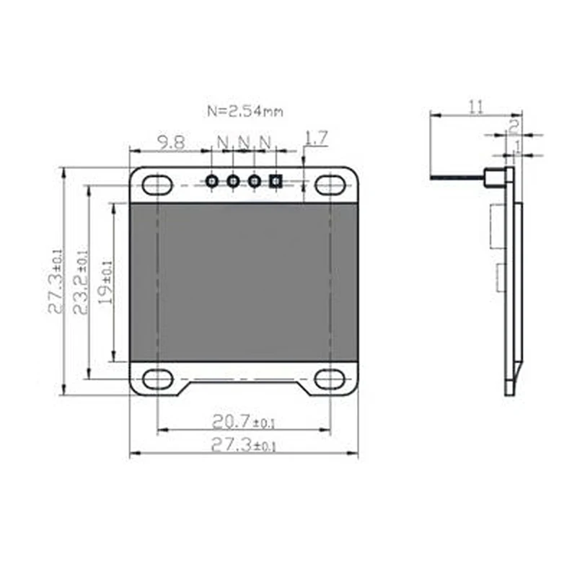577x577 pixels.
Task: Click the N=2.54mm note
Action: [x=245, y=111]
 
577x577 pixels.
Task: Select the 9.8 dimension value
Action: [x=170, y=142]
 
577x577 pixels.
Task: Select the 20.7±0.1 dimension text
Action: [x=244, y=420]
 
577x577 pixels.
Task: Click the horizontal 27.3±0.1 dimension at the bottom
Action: [x=244, y=445]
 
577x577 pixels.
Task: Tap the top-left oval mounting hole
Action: [x=157, y=185]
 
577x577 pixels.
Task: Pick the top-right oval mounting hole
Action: [x=330, y=185]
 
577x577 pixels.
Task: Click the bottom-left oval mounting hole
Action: [x=157, y=378]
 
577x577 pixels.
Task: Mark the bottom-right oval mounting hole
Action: [x=330, y=379]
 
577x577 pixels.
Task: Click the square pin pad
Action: [x=275, y=181]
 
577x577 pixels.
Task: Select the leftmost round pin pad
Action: [x=212, y=181]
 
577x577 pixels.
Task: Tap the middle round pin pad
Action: [x=233, y=181]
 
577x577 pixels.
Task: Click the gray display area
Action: [x=244, y=281]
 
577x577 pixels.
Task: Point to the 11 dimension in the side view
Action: [x=475, y=107]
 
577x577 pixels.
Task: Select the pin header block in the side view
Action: [x=494, y=177]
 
